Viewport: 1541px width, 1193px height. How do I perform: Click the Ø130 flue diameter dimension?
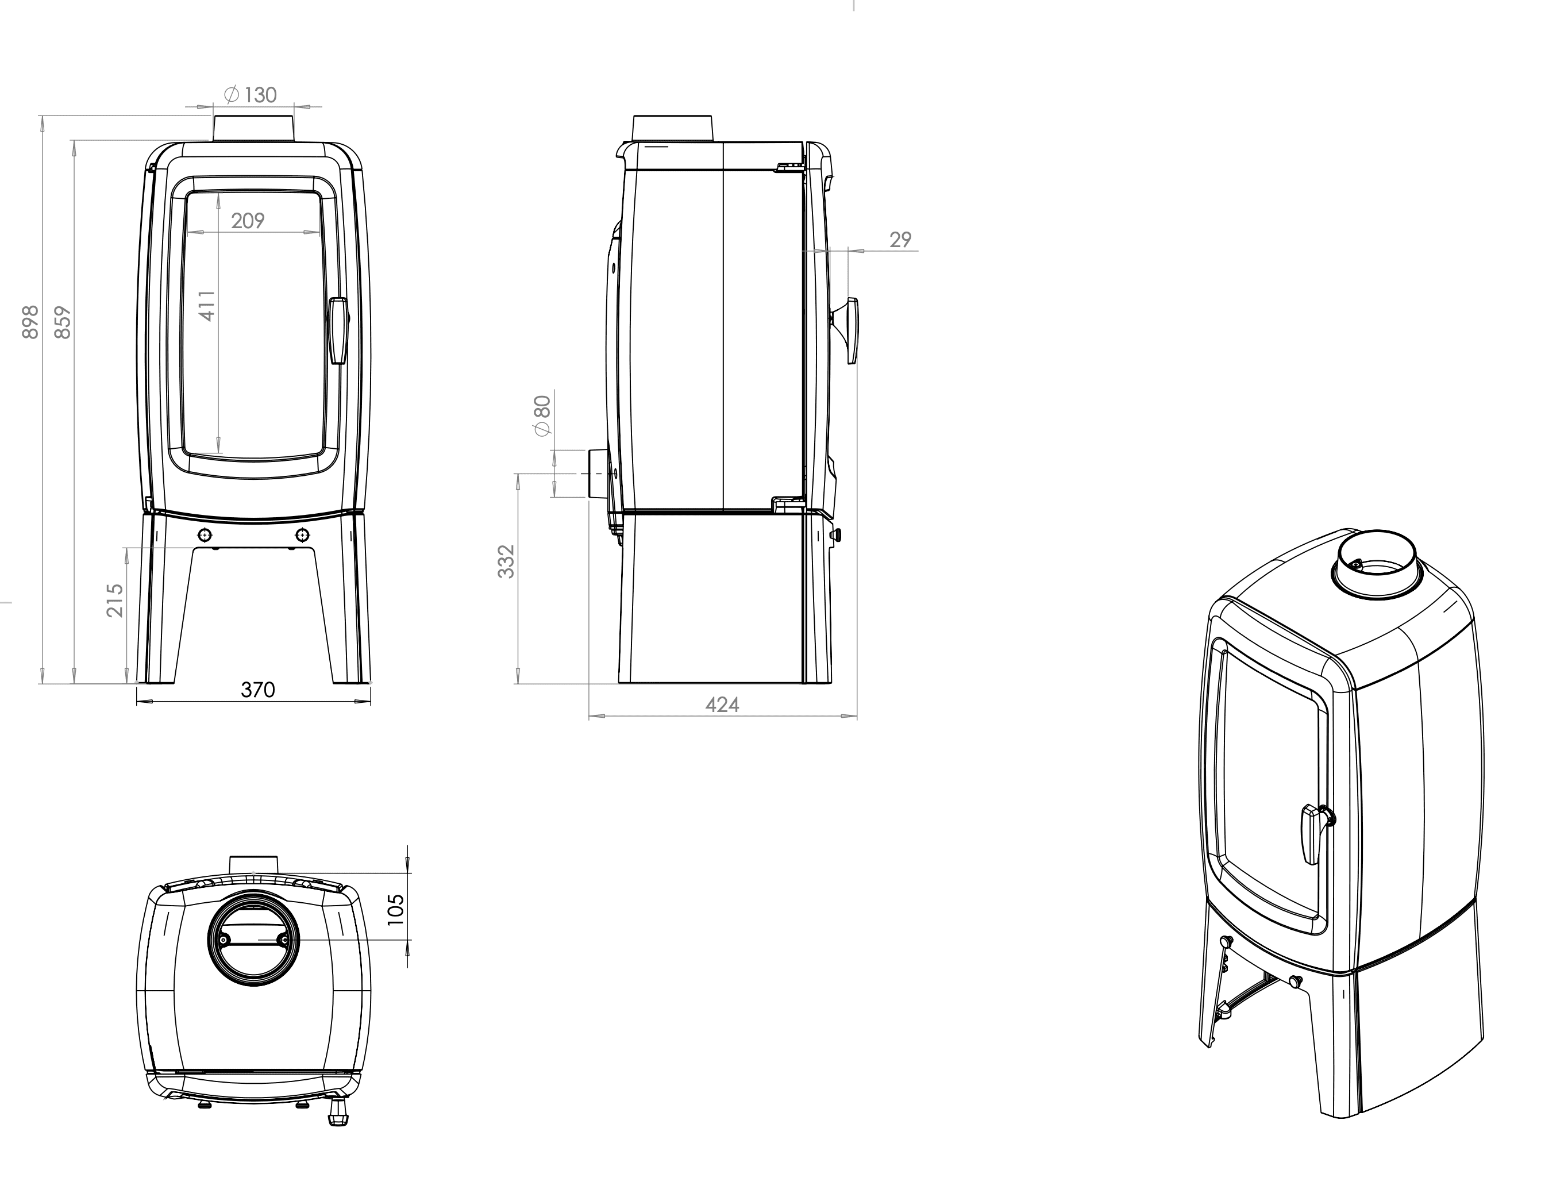[251, 95]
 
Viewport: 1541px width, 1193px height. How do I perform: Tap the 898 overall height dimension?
[30, 322]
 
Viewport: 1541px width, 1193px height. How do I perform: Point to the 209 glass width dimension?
[248, 221]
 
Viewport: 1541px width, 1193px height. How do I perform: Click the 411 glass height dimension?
[207, 306]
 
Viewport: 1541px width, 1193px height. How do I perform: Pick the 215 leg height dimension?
[115, 601]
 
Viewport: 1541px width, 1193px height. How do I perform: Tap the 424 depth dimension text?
[722, 704]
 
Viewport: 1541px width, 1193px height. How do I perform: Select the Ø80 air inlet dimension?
[542, 416]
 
